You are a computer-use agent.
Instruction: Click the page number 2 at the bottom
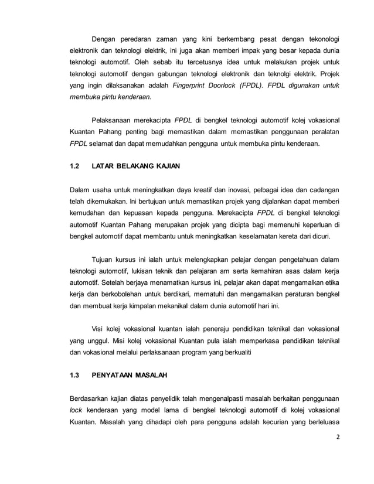pos(336,452)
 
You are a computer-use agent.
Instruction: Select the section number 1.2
pos(74,166)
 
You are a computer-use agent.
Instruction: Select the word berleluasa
pos(319,424)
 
